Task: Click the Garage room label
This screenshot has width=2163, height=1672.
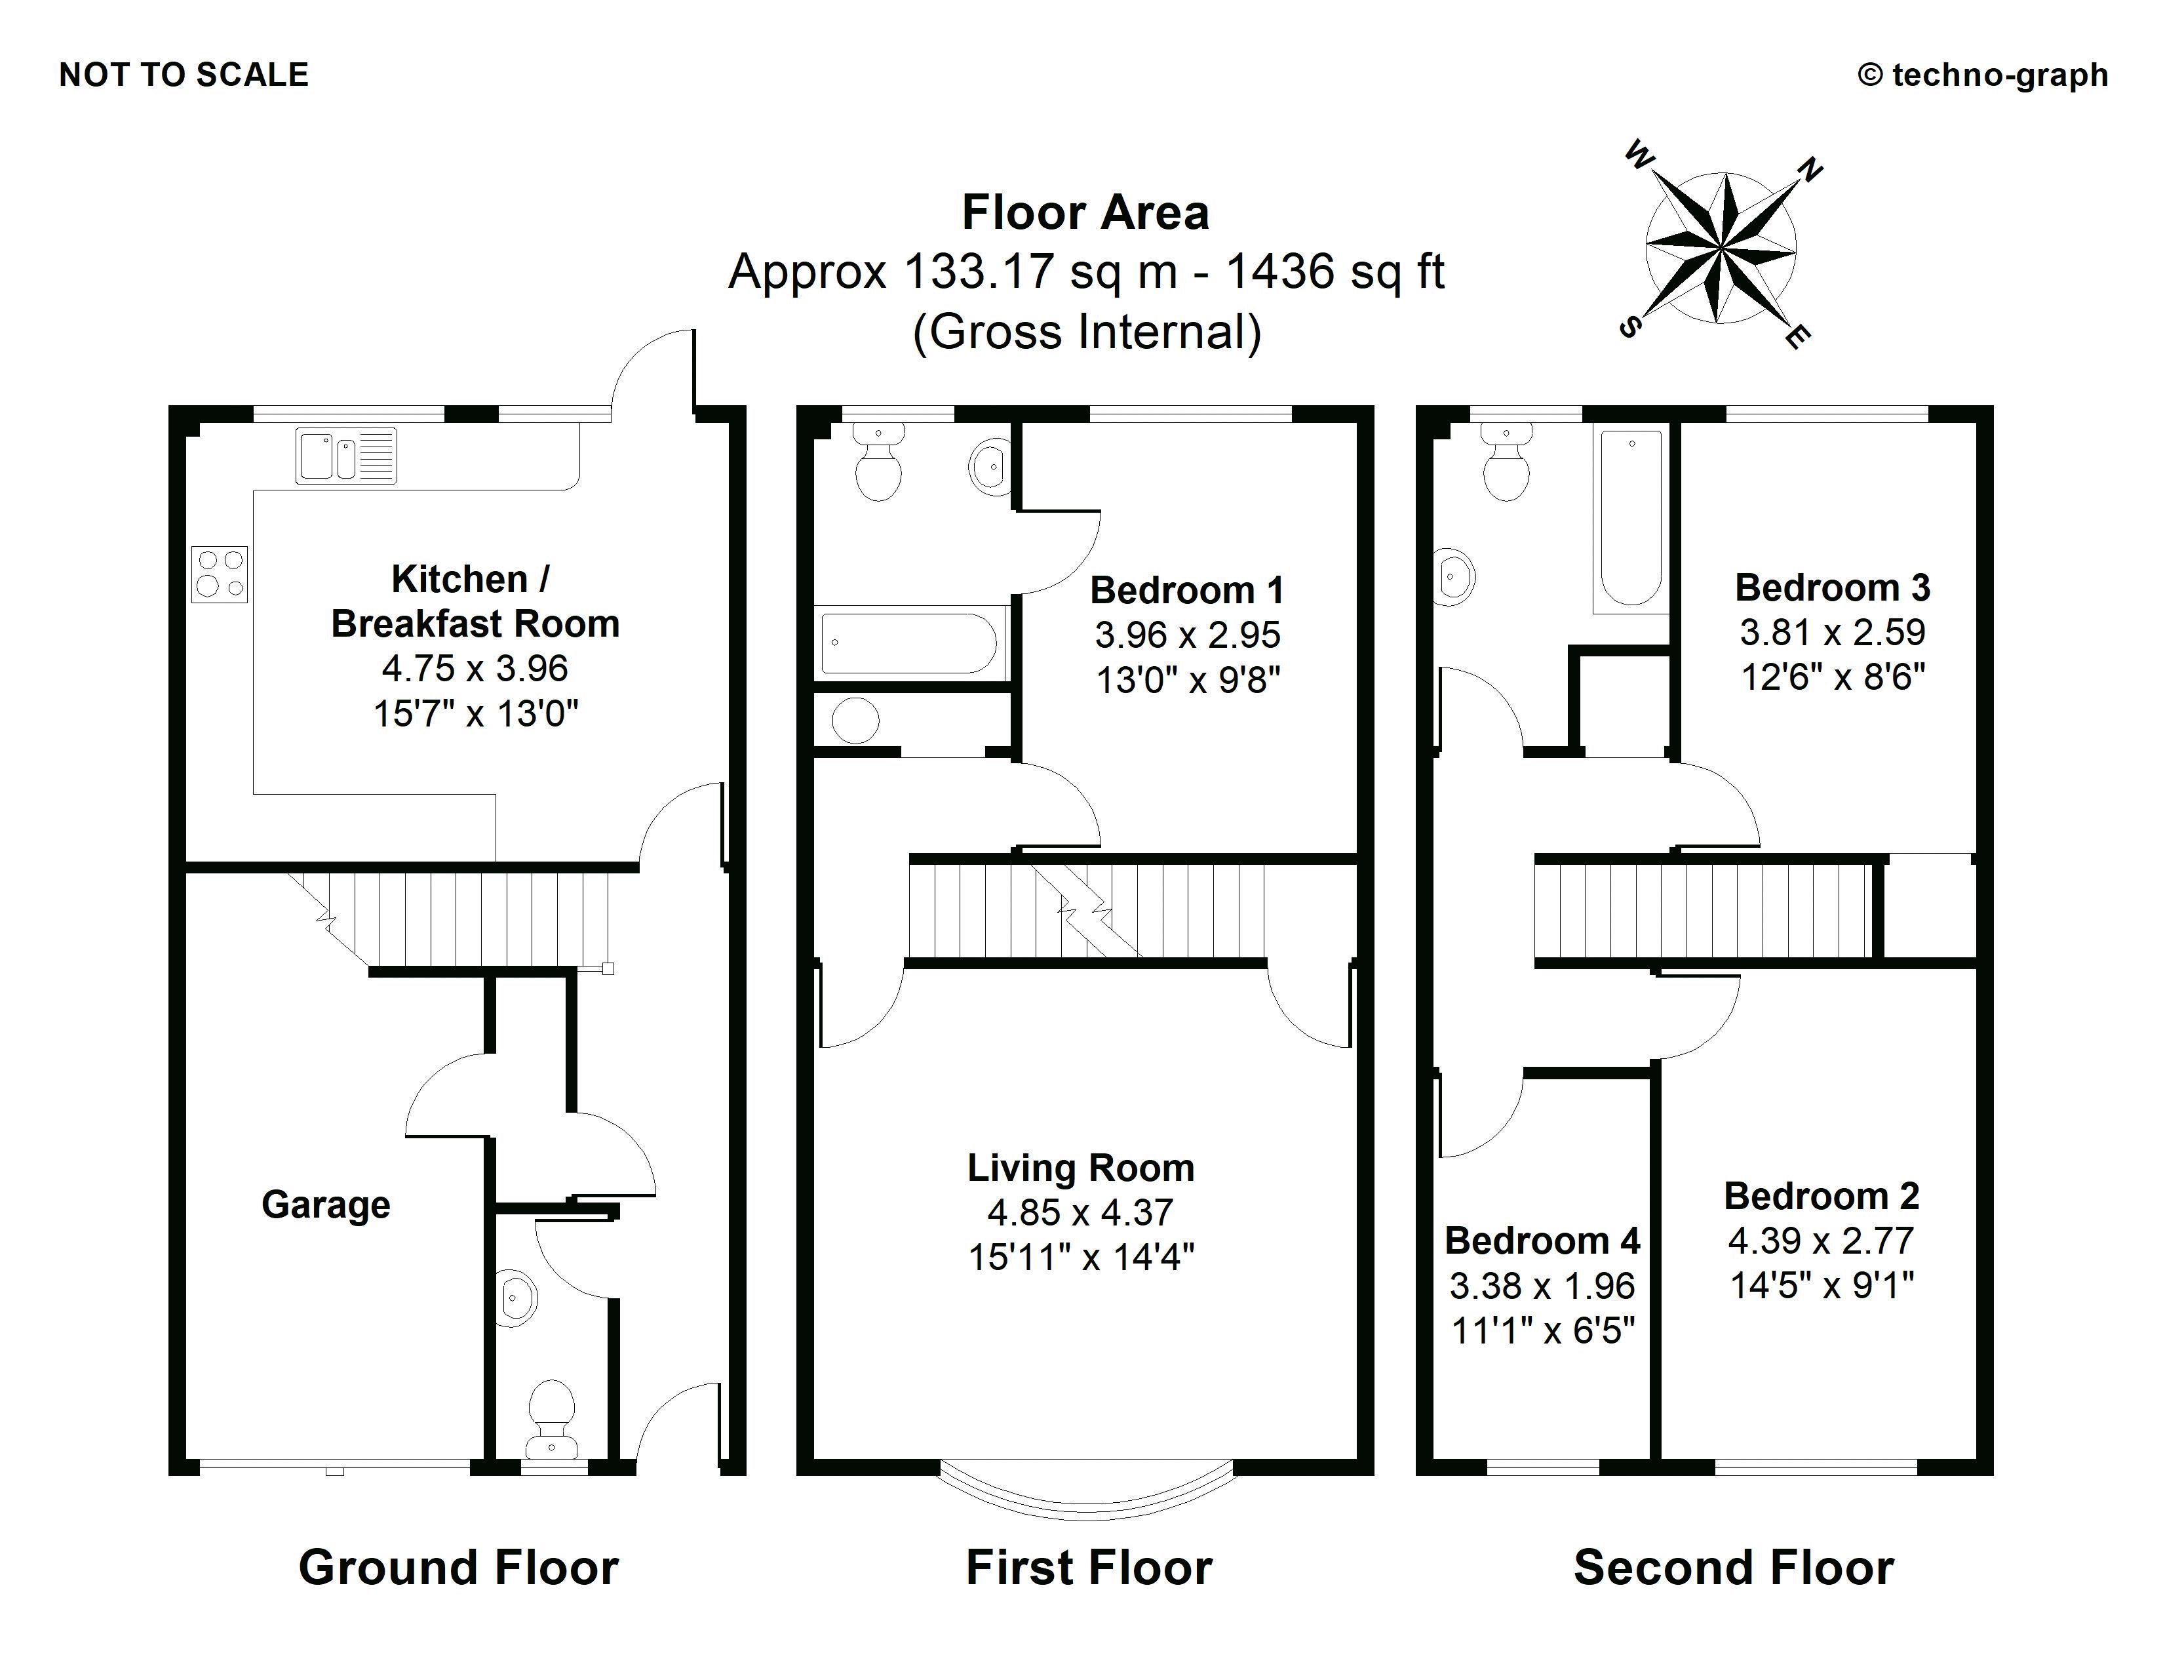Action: [326, 1204]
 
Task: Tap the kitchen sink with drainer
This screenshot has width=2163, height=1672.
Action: [345, 456]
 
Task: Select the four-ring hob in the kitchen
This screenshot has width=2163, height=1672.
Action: [220, 574]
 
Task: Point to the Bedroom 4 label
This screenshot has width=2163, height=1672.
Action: [1542, 1240]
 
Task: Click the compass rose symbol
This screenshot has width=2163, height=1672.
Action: [1721, 248]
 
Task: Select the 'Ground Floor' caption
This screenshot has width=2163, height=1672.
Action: [459, 1568]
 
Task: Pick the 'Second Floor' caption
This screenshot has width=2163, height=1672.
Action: [1733, 1568]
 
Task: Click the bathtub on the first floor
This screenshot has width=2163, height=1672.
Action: [909, 643]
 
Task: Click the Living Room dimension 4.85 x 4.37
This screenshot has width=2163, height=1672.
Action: [1080, 1212]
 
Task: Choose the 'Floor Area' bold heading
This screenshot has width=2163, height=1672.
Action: [1085, 213]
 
